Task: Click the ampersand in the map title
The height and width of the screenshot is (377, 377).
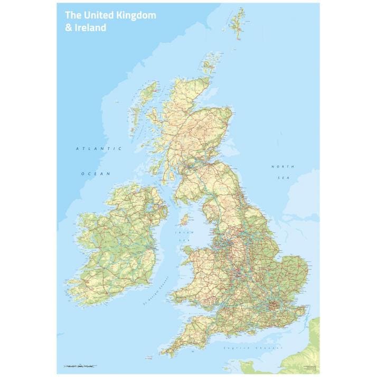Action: pyautogui.click(x=68, y=27)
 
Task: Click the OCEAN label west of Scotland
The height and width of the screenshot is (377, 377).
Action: pyautogui.click(x=95, y=174)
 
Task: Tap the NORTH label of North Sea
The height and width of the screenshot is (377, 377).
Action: pyautogui.click(x=280, y=167)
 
